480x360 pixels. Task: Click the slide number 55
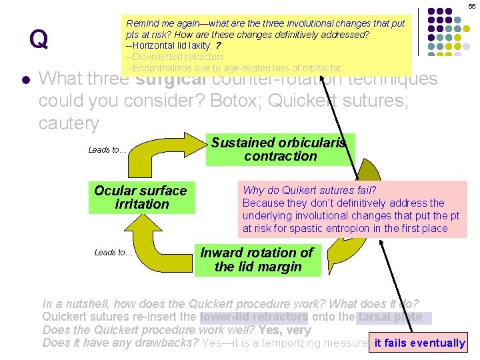point(472,6)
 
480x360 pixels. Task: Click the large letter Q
point(39,40)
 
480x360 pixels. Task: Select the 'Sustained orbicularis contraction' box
point(281,149)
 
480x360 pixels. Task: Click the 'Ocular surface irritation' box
point(141,197)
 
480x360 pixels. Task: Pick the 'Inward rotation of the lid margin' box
point(257,260)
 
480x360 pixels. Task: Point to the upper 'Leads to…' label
point(107,150)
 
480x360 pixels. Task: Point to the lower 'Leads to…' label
point(113,252)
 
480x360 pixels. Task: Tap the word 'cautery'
point(69,123)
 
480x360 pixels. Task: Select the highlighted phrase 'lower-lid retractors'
point(254,317)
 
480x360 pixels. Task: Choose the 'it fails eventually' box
point(419,343)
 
